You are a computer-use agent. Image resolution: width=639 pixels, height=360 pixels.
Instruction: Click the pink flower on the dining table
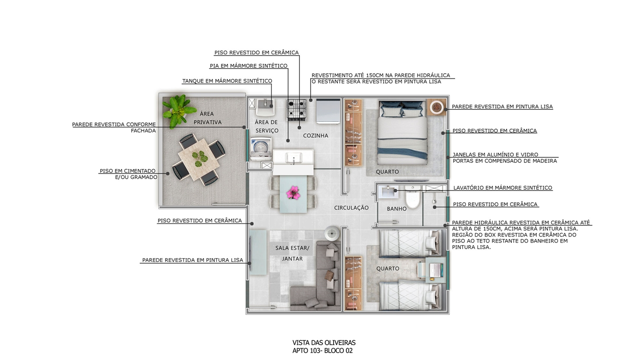[293, 193]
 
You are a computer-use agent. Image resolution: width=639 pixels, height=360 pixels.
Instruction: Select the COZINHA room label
[315, 136]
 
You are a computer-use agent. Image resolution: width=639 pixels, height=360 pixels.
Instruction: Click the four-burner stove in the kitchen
[297, 109]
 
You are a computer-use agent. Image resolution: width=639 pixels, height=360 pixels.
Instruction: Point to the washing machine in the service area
[261, 148]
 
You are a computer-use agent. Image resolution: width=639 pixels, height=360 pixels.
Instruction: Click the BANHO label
[396, 209]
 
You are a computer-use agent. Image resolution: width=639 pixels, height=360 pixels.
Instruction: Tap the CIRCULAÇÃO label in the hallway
[351, 208]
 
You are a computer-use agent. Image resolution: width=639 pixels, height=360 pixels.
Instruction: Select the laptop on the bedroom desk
[435, 270]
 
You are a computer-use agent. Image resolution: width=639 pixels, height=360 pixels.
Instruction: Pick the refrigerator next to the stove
[328, 111]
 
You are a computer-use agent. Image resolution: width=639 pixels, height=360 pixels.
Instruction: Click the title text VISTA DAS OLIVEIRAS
[324, 343]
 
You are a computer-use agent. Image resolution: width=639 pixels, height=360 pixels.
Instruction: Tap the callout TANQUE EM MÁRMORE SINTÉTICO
[227, 81]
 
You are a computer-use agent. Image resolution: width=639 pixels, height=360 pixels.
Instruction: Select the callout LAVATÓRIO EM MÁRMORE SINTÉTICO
[502, 188]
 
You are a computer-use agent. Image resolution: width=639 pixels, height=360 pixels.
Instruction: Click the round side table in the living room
[332, 234]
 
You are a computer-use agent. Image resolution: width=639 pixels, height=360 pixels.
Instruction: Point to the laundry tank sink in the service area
[265, 107]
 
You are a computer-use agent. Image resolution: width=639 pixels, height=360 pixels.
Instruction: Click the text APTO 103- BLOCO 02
[322, 351]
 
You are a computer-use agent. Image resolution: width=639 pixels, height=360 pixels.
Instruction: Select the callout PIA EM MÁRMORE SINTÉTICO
[249, 66]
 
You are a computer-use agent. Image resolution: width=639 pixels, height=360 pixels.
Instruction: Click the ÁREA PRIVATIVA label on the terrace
[207, 118]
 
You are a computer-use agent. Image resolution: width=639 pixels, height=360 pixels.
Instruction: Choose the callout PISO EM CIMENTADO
[128, 171]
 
